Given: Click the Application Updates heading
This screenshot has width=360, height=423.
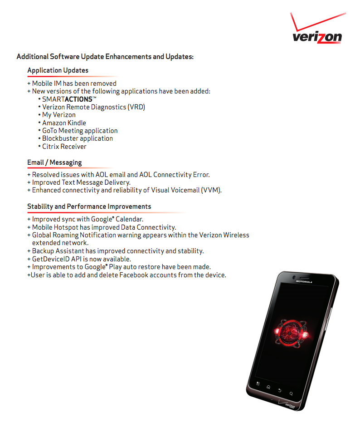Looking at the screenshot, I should click(x=58, y=70).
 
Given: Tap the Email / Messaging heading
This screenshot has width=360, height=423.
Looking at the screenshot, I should click(x=54, y=162).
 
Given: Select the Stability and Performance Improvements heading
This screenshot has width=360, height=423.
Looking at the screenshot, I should click(x=89, y=207).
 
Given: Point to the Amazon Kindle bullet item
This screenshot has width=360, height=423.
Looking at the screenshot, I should click(x=64, y=123).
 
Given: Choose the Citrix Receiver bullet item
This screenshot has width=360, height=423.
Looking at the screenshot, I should click(x=64, y=147).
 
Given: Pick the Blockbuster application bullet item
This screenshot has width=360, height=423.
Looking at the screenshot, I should click(x=78, y=138).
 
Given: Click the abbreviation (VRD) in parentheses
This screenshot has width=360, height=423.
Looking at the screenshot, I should click(x=136, y=107).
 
